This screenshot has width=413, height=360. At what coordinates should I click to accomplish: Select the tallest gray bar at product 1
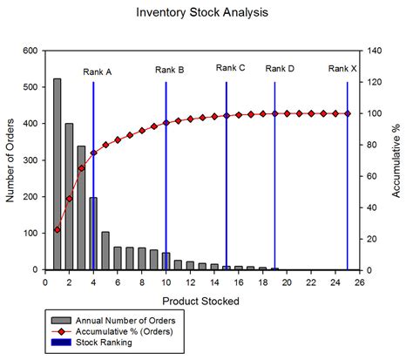pos(57,174)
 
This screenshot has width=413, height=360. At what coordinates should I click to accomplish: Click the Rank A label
pos(97,71)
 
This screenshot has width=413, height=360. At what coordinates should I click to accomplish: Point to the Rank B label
pos(169,70)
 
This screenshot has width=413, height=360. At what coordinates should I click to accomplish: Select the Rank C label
pos(230,68)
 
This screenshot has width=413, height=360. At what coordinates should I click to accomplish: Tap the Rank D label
pos(280,68)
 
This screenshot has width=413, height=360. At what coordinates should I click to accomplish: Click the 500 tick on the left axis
pos(28,87)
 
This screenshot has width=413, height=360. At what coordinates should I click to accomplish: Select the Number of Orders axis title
pos(11,160)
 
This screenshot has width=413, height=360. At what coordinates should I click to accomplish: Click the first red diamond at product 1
pos(57,229)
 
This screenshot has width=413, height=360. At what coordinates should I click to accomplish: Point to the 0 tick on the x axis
pos(44,282)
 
